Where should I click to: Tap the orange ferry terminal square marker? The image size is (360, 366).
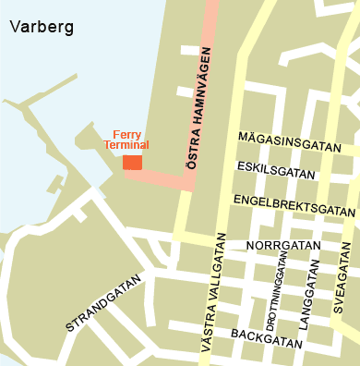coord(132,163)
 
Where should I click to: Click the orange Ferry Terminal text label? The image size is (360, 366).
coord(126,140)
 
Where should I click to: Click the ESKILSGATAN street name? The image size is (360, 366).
coord(276,170)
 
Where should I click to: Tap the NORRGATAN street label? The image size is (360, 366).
coord(283,246)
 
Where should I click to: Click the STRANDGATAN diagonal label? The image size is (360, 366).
coord(103,302)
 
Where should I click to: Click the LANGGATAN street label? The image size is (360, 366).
coord(305,295)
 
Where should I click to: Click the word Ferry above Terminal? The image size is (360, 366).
coord(126,134)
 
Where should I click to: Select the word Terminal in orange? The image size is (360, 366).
coord(126,146)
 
